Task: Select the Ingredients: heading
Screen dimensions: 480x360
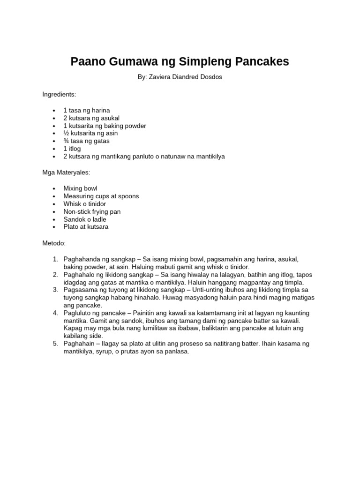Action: click(59, 94)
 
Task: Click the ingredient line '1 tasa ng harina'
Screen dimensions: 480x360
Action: click(87, 111)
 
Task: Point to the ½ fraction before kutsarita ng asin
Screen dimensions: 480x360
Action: click(66, 134)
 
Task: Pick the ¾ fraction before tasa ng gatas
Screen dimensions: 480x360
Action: click(66, 141)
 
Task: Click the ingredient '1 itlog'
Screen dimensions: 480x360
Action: click(72, 149)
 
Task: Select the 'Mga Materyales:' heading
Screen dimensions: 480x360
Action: click(66, 172)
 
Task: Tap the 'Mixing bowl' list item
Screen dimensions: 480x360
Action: click(80, 188)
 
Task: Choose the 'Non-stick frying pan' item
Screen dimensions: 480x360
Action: click(92, 211)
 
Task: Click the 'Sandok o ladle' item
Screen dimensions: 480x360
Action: click(85, 219)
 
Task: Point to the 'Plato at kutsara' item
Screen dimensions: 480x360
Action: click(86, 227)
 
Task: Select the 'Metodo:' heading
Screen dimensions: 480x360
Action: click(54, 243)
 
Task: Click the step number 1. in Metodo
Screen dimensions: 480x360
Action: click(55, 259)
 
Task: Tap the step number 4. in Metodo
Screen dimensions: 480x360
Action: click(55, 313)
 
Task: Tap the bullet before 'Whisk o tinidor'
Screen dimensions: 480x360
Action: click(55, 204)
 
